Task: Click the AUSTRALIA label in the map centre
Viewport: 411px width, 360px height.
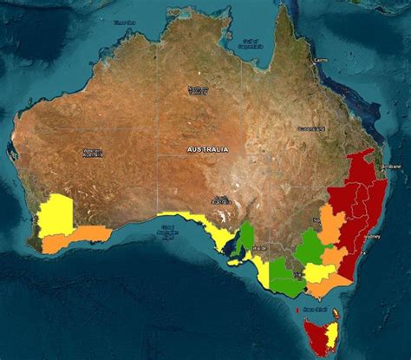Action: [208, 149]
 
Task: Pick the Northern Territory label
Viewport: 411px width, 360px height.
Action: [199, 89]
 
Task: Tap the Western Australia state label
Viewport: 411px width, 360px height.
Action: [92, 153]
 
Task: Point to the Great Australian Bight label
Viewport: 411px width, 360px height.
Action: [167, 232]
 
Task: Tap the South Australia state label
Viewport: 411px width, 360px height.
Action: [222, 198]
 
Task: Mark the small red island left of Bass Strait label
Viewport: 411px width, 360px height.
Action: [298, 309]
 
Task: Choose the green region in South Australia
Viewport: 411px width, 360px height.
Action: [247, 236]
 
